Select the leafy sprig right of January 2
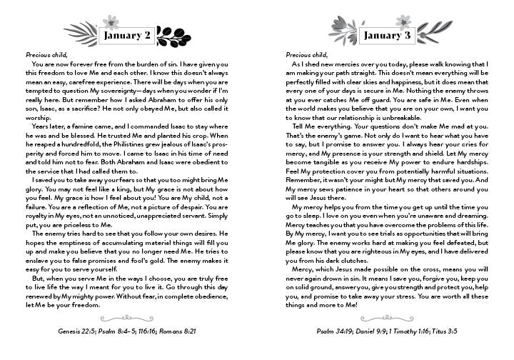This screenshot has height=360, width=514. [x=170, y=33]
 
